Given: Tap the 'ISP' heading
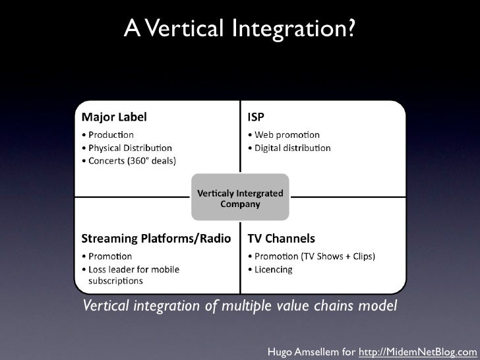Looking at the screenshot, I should coord(256,117).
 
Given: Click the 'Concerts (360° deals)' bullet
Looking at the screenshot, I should coord(129,160).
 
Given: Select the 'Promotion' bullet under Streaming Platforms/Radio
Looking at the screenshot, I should coord(107,256).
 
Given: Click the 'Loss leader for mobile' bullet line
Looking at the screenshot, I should coord(131,269).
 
